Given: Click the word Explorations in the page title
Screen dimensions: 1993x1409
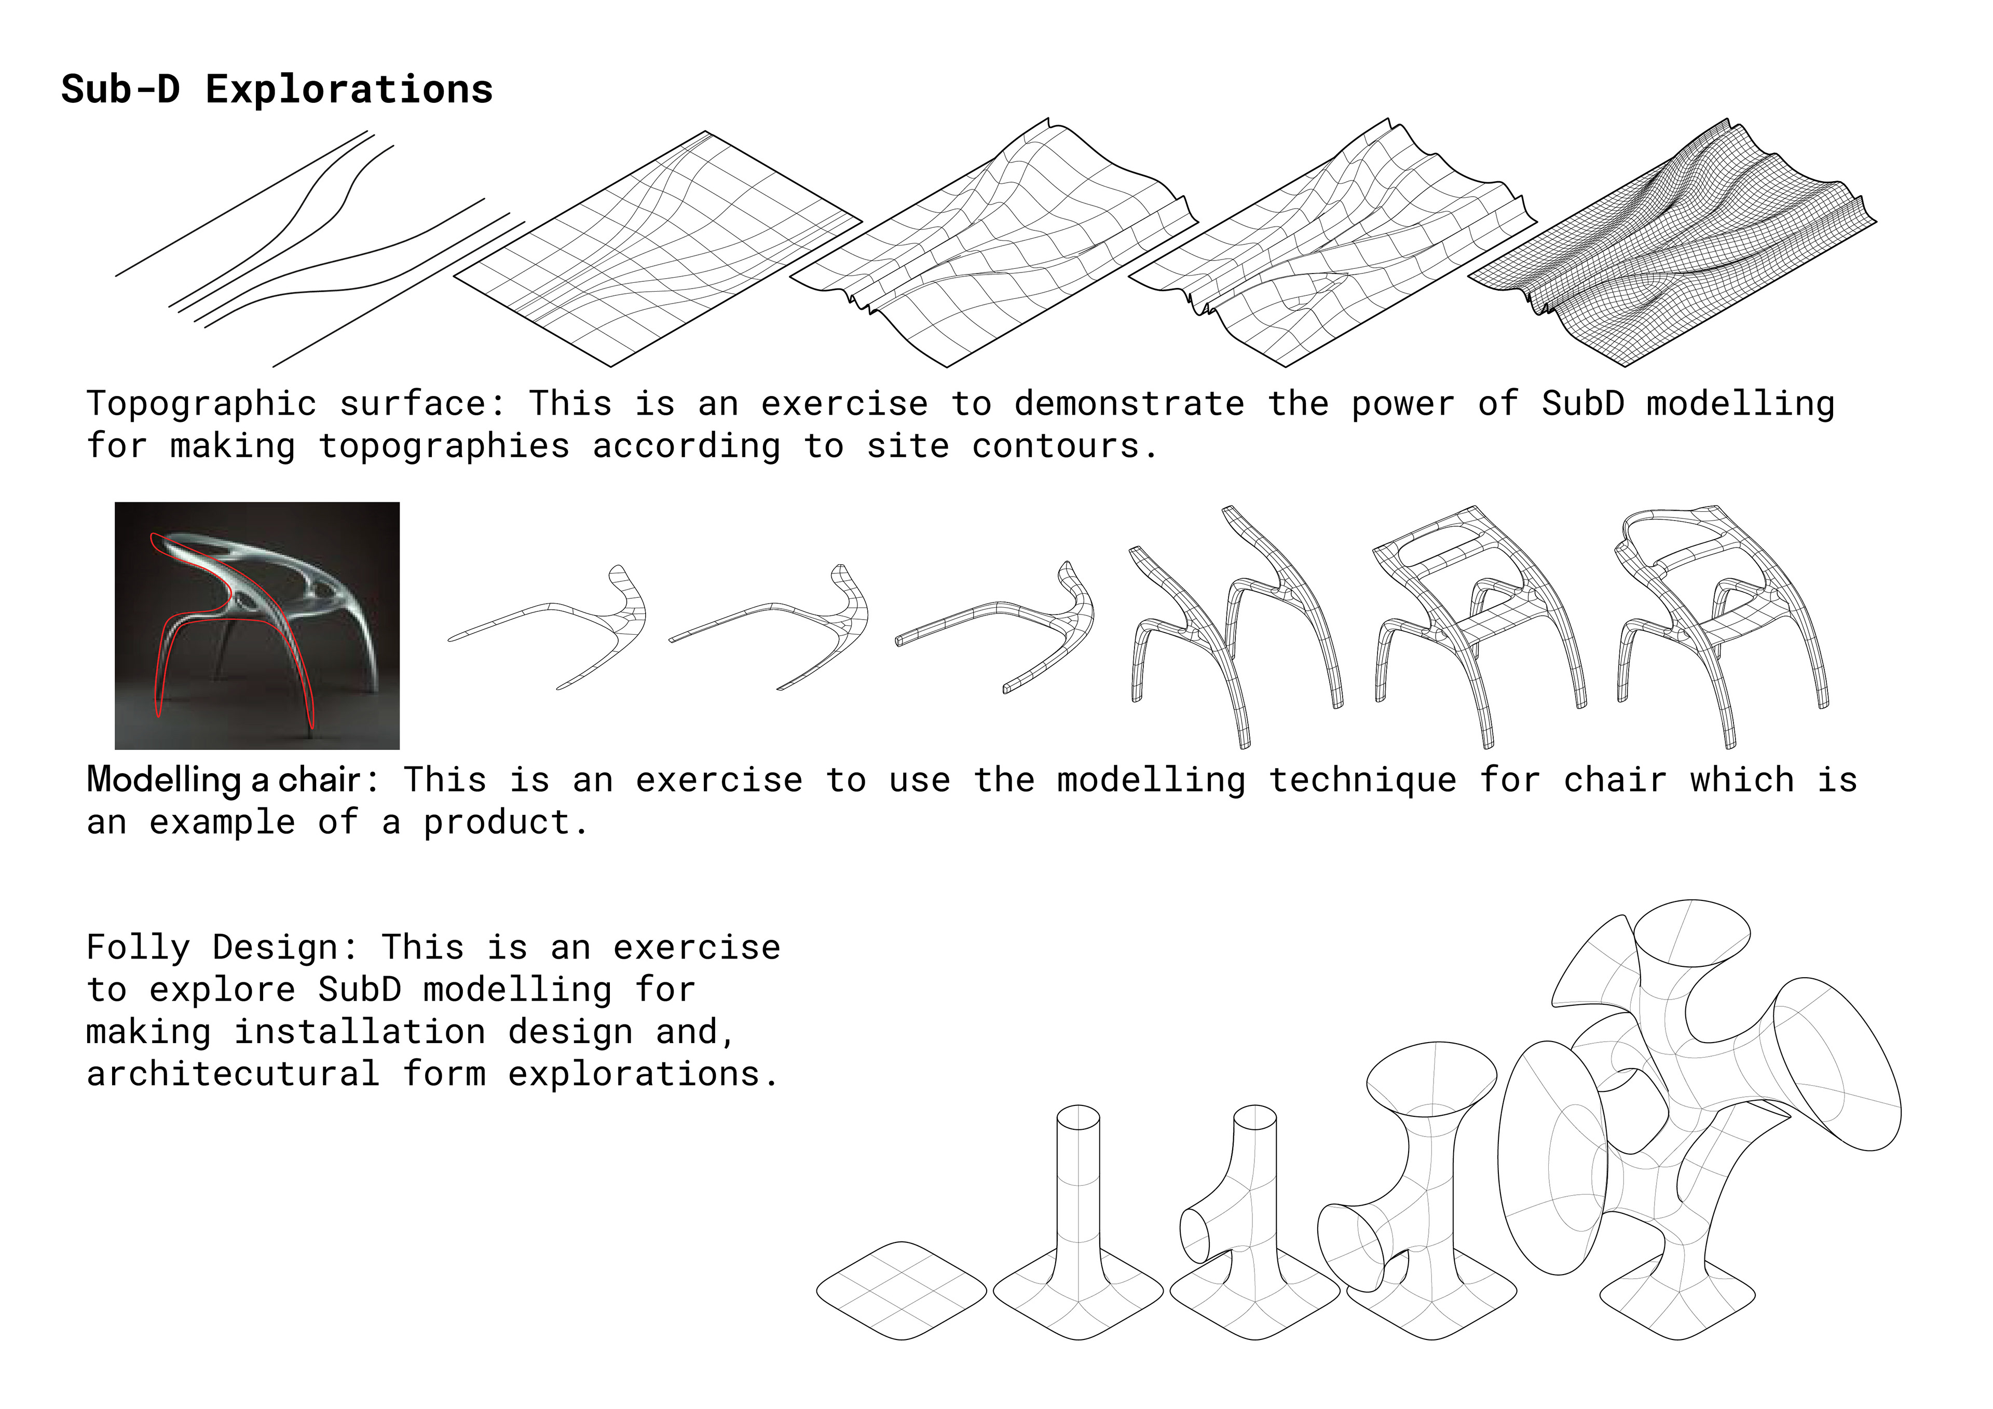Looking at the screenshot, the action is pos(349,89).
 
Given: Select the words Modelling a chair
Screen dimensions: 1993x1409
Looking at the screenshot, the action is pos(223,779).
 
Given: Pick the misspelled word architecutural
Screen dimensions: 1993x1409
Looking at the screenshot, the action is pos(233,1074).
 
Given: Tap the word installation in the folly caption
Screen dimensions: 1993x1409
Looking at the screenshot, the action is pos(359,1031).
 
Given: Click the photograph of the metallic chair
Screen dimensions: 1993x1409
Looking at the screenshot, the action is pos(257,625).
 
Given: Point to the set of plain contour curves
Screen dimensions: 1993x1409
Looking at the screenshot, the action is pos(320,249).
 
